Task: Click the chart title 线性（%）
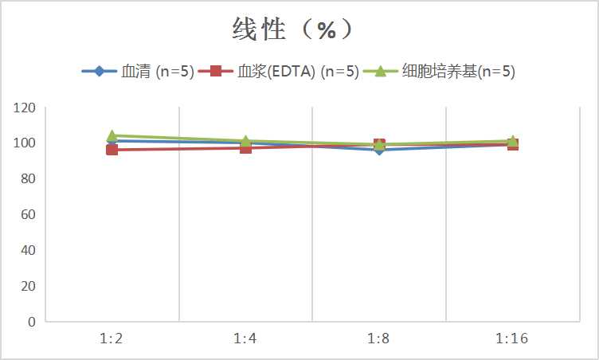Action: (x=292, y=29)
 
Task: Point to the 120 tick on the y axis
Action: (x=25, y=108)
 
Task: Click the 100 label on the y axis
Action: (x=25, y=143)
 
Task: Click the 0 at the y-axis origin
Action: (x=31, y=322)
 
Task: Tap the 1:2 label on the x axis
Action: (x=112, y=339)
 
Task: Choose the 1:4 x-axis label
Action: (x=245, y=339)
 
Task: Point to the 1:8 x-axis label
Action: (x=378, y=339)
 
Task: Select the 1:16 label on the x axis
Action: (x=512, y=339)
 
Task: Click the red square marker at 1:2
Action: (x=112, y=150)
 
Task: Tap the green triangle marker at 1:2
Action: (x=112, y=135)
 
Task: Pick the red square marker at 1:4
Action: (x=245, y=147)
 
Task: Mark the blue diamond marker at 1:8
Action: (x=379, y=151)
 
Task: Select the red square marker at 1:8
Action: (x=379, y=144)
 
